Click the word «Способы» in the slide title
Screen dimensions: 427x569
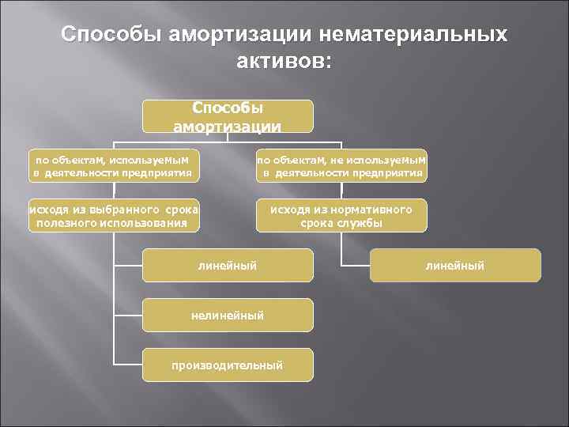(x=107, y=36)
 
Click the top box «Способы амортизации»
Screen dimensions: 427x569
(x=228, y=115)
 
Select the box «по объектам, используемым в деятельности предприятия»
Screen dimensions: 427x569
(x=112, y=165)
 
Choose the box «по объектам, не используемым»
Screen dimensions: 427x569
(x=341, y=165)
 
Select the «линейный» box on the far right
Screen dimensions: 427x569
(x=455, y=266)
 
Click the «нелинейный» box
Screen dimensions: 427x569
(x=228, y=316)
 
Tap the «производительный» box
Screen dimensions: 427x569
(x=228, y=365)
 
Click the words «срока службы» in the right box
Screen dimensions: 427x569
(x=341, y=223)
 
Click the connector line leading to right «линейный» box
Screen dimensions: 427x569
(x=356, y=265)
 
